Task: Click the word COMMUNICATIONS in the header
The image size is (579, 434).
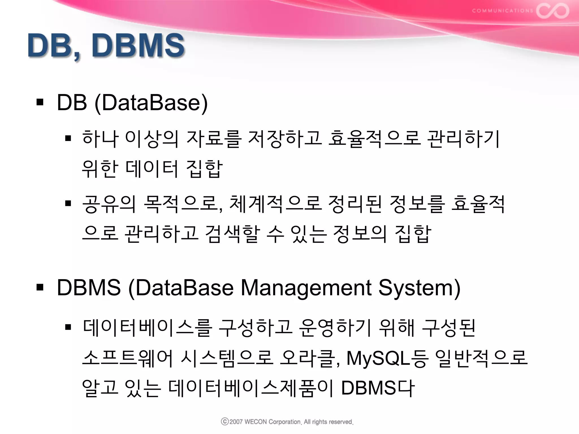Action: point(502,11)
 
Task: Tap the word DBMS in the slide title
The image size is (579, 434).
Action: point(138,45)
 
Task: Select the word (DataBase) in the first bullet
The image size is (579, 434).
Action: point(151,103)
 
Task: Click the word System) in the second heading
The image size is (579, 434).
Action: point(420,288)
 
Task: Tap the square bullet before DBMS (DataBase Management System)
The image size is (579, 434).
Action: point(40,288)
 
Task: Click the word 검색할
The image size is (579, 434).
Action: point(232,234)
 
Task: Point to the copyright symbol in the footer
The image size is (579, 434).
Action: point(225,422)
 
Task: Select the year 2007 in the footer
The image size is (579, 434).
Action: point(236,422)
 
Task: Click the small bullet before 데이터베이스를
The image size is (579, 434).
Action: point(68,327)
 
